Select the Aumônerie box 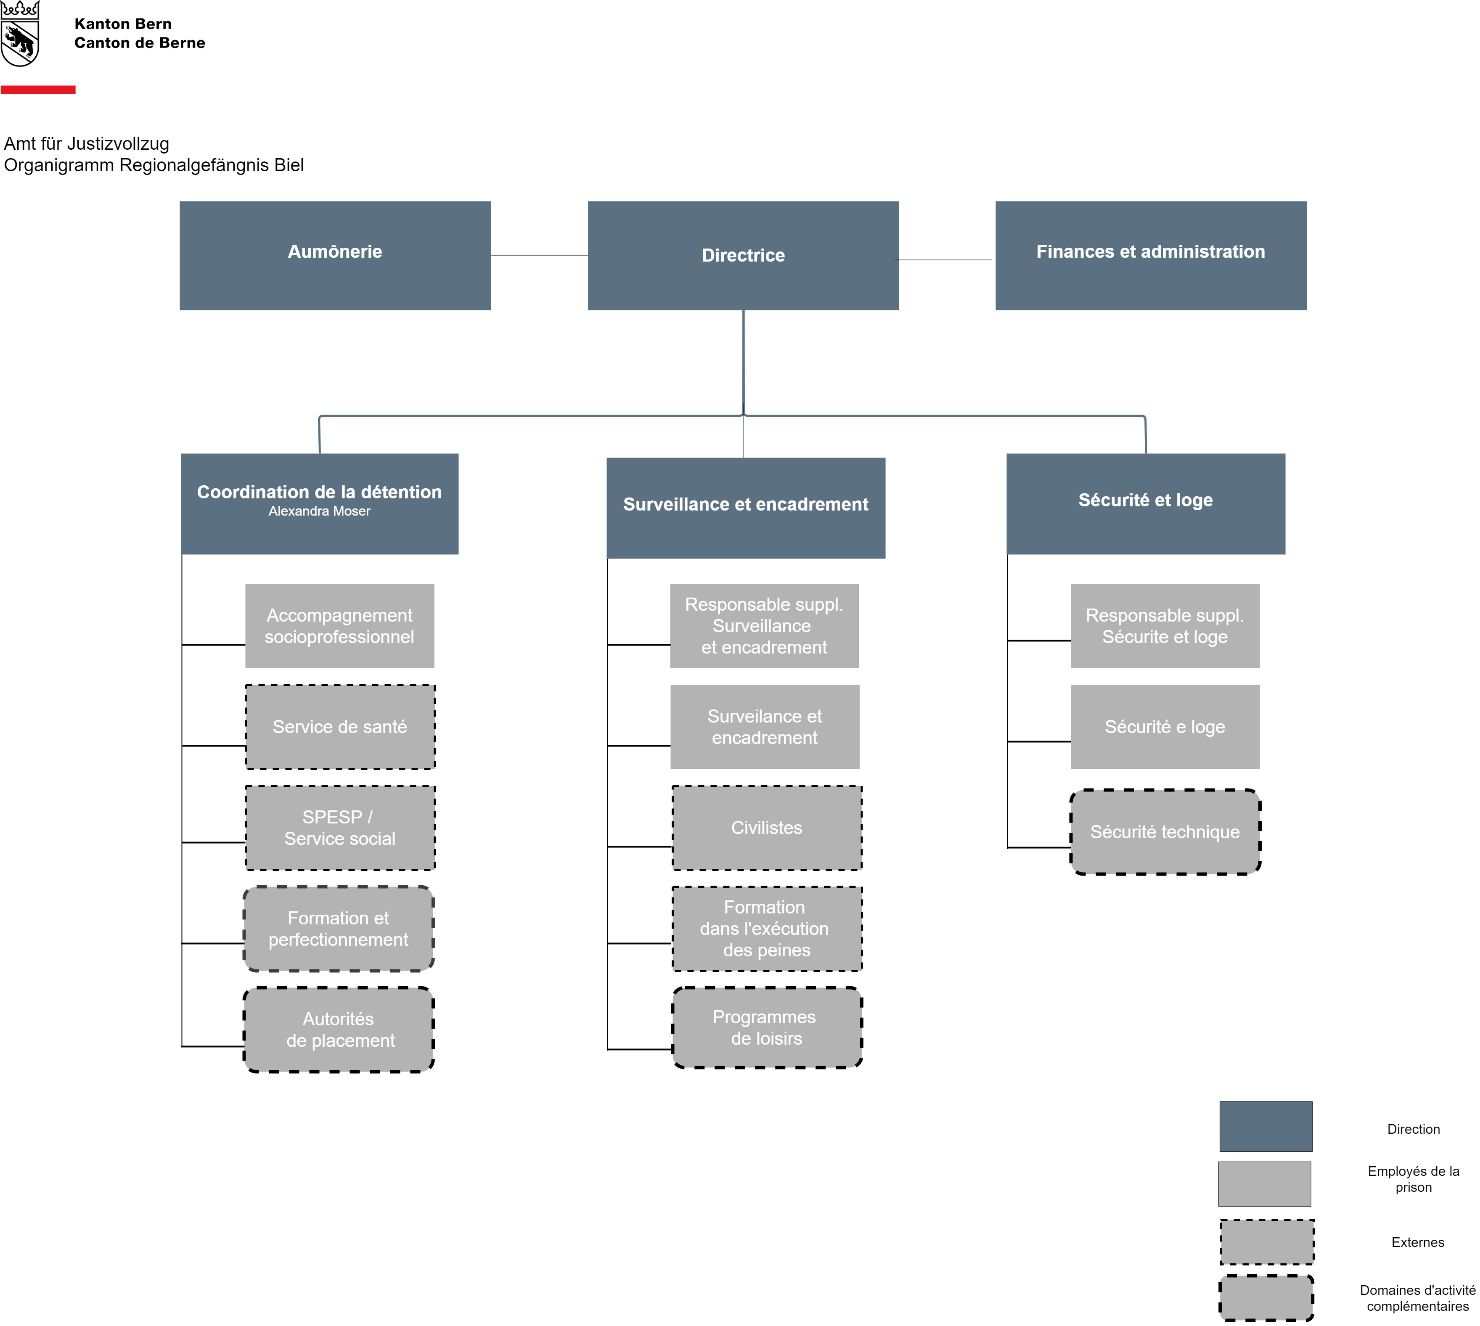click(335, 256)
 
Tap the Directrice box click(743, 256)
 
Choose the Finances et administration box click(1151, 256)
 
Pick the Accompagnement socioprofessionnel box click(339, 626)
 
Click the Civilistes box click(767, 828)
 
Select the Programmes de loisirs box click(767, 1028)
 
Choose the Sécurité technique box click(1165, 832)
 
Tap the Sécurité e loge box click(1165, 727)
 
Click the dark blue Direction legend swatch click(1266, 1126)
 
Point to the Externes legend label click(1417, 1242)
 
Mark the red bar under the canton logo click(38, 90)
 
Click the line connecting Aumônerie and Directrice click(539, 256)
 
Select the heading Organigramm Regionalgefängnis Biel click(154, 165)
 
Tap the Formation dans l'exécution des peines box click(767, 929)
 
